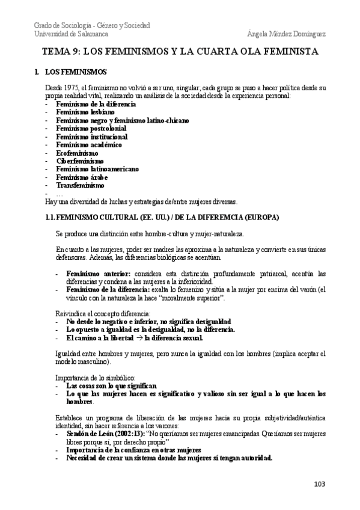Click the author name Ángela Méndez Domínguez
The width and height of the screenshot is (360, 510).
[286, 34]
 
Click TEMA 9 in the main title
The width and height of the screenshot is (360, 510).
[61, 52]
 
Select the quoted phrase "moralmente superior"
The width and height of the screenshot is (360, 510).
[195, 298]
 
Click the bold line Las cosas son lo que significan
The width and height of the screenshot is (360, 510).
[111, 386]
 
